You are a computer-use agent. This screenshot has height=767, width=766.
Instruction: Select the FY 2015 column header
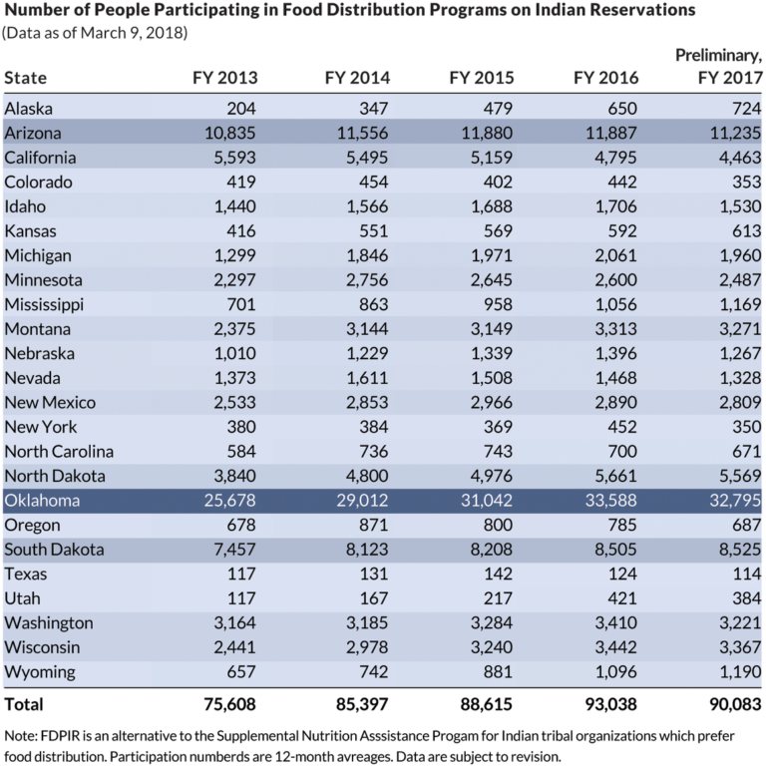pyautogui.click(x=482, y=78)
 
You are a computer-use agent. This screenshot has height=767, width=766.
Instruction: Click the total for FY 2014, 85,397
pyautogui.click(x=358, y=705)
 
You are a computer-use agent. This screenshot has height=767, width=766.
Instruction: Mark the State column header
pyautogui.click(x=26, y=78)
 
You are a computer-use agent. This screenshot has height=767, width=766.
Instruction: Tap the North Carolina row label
pyautogui.click(x=59, y=452)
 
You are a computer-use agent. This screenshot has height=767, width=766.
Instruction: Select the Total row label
pyautogui.click(x=24, y=705)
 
